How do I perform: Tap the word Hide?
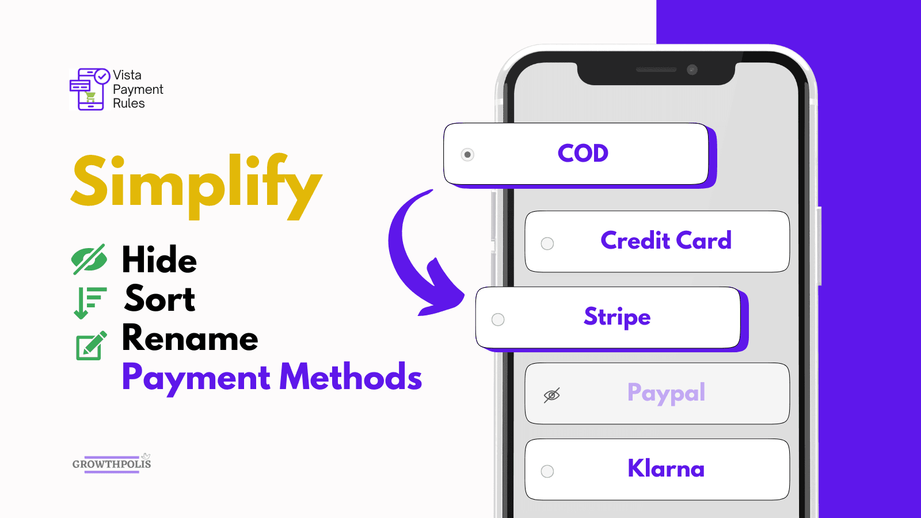click(159, 260)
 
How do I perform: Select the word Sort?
click(159, 299)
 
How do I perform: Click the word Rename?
click(190, 337)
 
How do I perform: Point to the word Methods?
click(351, 376)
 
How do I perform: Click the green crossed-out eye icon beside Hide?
click(89, 259)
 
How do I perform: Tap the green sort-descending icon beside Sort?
click(90, 303)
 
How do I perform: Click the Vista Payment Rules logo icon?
click(90, 89)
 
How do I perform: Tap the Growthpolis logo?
click(112, 464)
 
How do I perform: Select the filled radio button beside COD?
click(467, 155)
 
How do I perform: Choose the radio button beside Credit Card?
click(547, 243)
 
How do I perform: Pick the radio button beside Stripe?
click(498, 319)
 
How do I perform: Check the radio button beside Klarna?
click(547, 471)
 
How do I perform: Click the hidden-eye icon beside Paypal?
click(552, 395)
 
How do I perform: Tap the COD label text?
click(583, 153)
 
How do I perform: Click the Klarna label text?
click(666, 469)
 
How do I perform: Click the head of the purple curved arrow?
click(442, 292)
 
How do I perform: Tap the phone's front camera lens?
click(692, 70)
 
